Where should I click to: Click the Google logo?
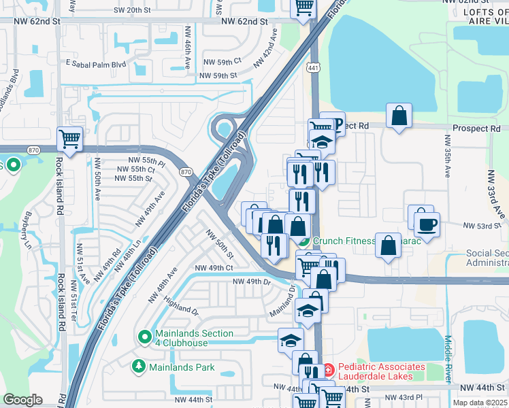click(x=22, y=400)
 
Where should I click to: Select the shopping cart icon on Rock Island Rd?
click(x=69, y=139)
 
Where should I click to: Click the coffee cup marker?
click(x=427, y=224)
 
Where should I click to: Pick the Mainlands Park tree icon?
click(x=139, y=367)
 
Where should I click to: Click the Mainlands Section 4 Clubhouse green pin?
click(x=144, y=337)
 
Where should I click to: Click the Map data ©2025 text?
click(x=480, y=403)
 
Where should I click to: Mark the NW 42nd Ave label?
click(x=266, y=47)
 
